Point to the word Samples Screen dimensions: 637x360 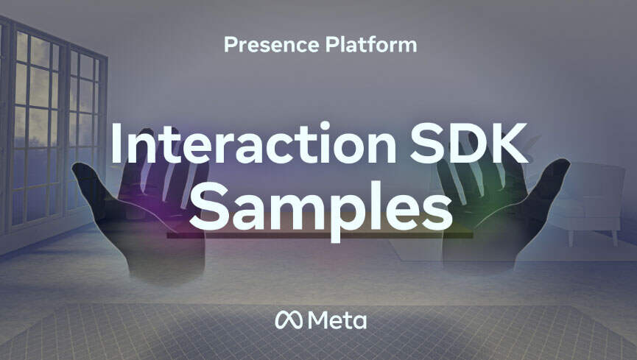(x=321, y=209)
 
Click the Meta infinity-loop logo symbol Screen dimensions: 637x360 (x=289, y=320)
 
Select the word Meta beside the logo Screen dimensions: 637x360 (x=337, y=320)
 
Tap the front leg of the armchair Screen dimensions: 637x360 (x=571, y=238)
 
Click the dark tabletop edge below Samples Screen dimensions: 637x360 (x=320, y=236)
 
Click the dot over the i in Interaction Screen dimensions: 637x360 (x=325, y=127)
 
